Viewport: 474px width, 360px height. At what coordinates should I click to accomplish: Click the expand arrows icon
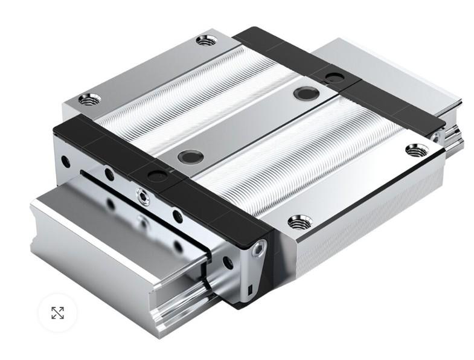coord(57,313)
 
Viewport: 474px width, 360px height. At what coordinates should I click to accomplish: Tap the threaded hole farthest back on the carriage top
coord(207,40)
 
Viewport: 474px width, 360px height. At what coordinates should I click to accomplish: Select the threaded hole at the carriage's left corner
coord(89,99)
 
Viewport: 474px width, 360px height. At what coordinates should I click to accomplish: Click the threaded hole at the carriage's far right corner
coord(417,150)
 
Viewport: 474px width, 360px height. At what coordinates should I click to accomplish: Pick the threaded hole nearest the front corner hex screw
coord(299,222)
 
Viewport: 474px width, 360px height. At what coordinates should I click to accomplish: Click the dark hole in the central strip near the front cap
coord(191,157)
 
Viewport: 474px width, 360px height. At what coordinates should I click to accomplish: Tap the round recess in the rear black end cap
coord(334,77)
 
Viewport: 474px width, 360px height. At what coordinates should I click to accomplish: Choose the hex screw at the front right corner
coord(258,248)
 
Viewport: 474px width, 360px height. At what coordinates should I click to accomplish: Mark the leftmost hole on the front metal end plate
coord(65,162)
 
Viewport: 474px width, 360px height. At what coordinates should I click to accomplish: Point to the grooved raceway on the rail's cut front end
coord(175,302)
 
